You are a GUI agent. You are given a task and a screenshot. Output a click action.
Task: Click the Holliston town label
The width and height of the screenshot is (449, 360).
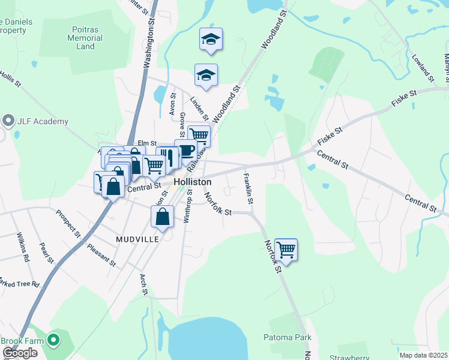point(192,181)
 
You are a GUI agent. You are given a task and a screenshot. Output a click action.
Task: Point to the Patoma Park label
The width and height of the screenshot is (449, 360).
point(288,337)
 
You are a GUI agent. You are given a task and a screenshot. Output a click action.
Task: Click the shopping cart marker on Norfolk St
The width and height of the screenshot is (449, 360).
point(286,250)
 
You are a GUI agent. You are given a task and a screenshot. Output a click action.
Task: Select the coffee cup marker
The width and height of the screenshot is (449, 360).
point(186,149)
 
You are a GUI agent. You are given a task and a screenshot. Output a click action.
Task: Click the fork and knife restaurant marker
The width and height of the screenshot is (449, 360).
point(170,158)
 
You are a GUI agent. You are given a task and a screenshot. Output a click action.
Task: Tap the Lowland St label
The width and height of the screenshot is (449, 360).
point(423,67)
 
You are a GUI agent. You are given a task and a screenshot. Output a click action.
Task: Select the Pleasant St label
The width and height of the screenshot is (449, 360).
point(101,254)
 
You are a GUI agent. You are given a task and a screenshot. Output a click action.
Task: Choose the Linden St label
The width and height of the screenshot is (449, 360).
point(199,107)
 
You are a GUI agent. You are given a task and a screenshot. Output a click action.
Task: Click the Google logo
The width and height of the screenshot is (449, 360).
point(20,353)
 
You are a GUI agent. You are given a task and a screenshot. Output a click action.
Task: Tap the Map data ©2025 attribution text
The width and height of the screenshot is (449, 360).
point(423,355)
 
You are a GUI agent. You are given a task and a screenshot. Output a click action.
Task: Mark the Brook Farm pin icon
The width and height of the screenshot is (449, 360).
point(53,341)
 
